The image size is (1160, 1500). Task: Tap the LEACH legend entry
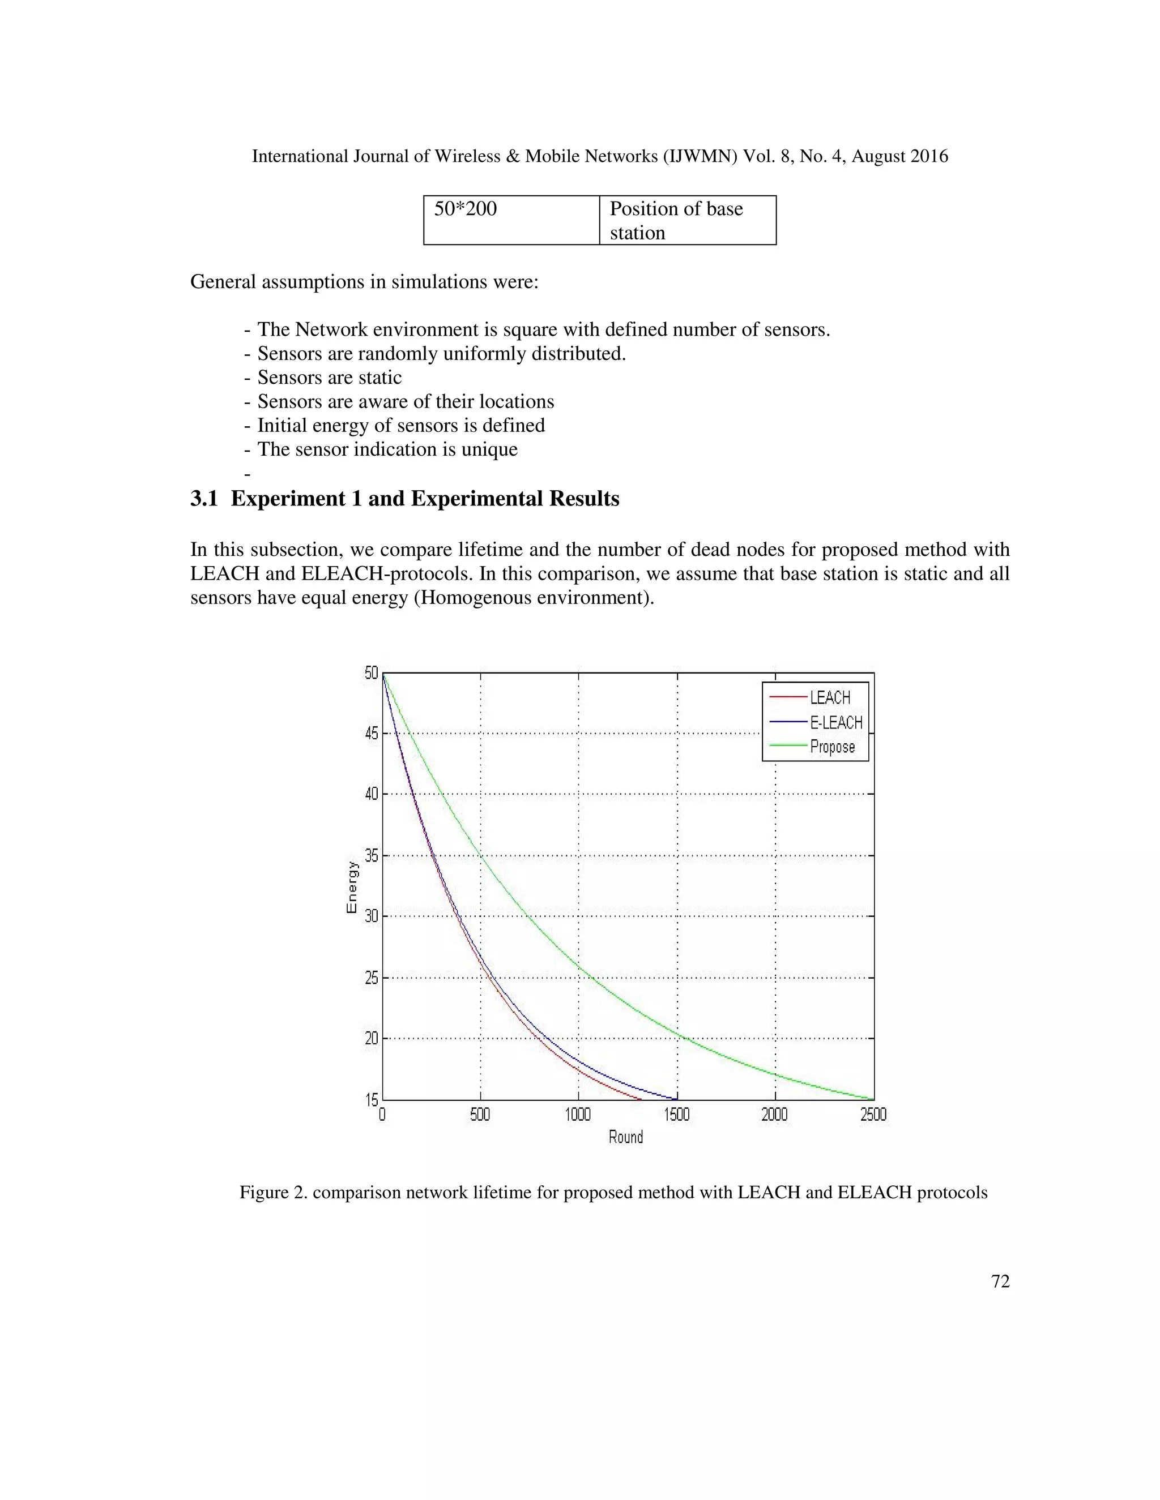coord(829,698)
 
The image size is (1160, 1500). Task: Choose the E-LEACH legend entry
coord(835,722)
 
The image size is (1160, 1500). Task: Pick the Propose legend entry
coord(832,747)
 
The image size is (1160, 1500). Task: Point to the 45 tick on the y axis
coord(372,734)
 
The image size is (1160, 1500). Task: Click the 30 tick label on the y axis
coord(372,916)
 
